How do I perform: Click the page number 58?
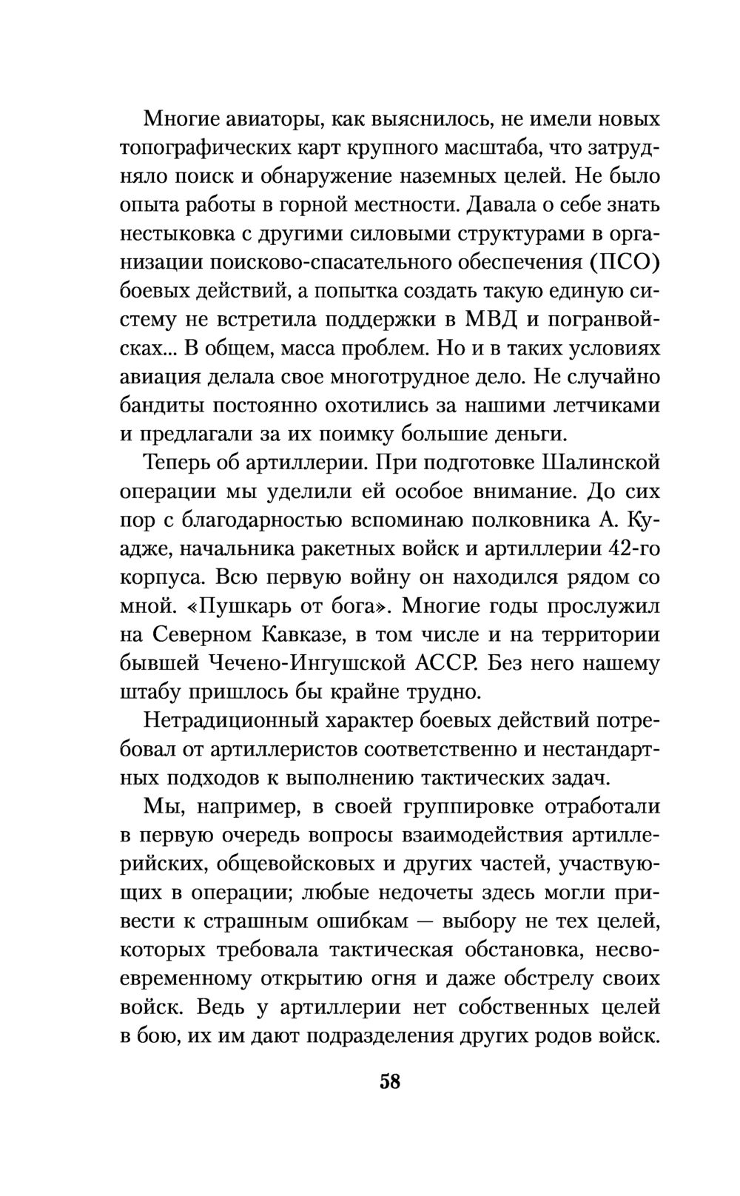point(389,1081)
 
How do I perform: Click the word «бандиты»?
point(161,406)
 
